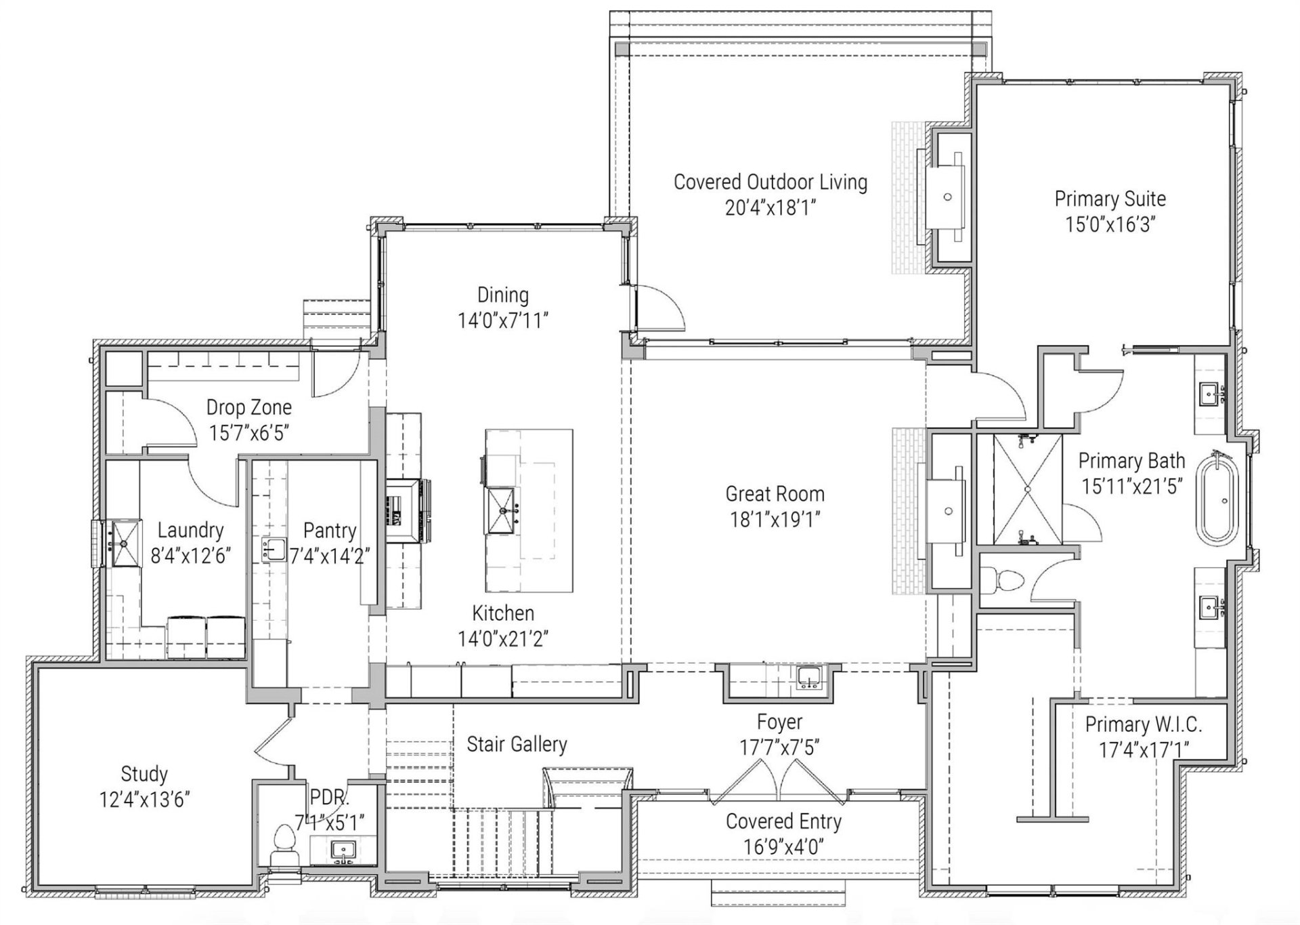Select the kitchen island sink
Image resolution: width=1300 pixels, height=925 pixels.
coord(502,510)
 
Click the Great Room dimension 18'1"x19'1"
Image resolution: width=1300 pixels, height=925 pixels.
coord(775,520)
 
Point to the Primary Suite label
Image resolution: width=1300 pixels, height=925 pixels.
coord(1110,199)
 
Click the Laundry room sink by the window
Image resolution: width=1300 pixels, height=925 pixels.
coord(125,543)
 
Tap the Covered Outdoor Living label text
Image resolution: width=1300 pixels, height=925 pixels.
coord(770,182)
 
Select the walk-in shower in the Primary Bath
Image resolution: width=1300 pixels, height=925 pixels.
coord(1027,489)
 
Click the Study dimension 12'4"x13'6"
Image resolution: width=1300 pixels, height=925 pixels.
coord(144,800)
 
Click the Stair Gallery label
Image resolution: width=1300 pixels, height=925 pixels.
coord(517,744)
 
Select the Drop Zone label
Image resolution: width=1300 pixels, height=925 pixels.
coord(248,407)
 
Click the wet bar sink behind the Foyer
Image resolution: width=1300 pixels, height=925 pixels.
coord(808,677)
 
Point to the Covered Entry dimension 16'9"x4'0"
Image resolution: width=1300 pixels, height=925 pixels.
coord(783,846)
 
